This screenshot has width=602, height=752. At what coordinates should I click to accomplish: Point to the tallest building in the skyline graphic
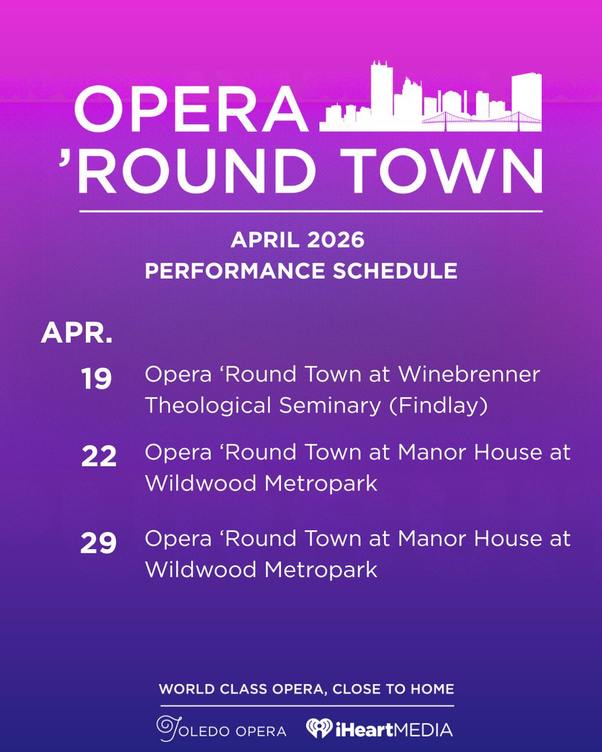pyautogui.click(x=382, y=94)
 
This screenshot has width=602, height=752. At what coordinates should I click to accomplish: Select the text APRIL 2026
pyautogui.click(x=298, y=240)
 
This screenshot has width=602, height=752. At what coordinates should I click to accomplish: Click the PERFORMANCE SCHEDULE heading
pyautogui.click(x=300, y=271)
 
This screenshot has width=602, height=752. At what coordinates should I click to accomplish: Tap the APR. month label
pyautogui.click(x=77, y=334)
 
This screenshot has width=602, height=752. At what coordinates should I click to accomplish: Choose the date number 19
pyautogui.click(x=97, y=379)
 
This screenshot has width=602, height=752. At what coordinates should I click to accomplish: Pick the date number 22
pyautogui.click(x=99, y=456)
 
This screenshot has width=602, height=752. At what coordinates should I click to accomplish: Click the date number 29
pyautogui.click(x=98, y=543)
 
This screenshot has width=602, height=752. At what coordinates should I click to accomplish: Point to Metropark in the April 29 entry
pyautogui.click(x=322, y=570)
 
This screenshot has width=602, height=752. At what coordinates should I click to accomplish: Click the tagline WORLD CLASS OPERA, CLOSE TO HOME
pyautogui.click(x=306, y=689)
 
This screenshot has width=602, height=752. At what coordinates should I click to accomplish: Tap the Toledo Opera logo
pyautogui.click(x=221, y=728)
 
